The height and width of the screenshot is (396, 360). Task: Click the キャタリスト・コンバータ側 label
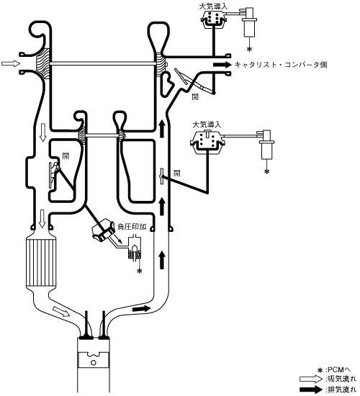click(x=281, y=65)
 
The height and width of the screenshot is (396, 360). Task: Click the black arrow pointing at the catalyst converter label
click(x=222, y=65)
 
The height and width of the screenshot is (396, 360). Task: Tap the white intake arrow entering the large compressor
click(x=10, y=63)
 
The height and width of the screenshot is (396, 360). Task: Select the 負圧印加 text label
click(x=132, y=227)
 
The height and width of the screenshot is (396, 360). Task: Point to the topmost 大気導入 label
click(x=213, y=6)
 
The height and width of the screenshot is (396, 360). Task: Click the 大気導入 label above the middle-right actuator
click(x=207, y=125)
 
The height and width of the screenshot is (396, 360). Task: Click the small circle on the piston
click(x=93, y=363)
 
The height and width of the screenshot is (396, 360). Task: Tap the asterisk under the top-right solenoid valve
click(x=249, y=49)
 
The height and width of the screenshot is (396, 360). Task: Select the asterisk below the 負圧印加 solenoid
click(x=139, y=271)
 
